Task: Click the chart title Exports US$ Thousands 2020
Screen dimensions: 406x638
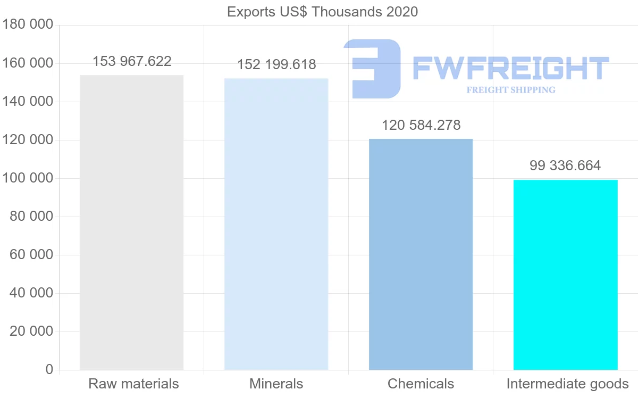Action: (x=322, y=12)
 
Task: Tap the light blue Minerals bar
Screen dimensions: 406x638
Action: (x=276, y=224)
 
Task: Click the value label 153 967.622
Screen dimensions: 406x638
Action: (x=132, y=61)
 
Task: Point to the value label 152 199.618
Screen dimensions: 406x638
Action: (x=276, y=64)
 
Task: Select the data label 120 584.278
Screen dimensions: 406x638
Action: (x=421, y=125)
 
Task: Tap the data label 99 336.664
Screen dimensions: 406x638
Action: (x=565, y=165)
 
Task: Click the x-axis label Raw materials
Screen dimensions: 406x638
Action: (x=133, y=384)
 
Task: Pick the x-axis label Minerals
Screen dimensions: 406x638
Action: (x=276, y=384)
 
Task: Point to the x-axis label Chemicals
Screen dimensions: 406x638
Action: (x=421, y=384)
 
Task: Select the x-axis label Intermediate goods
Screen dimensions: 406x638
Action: (x=567, y=384)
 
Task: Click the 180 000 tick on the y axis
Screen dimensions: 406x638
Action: (x=28, y=24)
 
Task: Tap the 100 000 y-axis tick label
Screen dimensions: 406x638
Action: (x=28, y=178)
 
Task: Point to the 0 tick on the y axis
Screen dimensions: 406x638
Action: (x=49, y=370)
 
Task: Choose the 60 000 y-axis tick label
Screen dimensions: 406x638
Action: (x=31, y=255)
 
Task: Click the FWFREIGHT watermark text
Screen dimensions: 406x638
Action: (x=510, y=68)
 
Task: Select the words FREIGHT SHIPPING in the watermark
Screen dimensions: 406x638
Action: (x=511, y=90)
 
